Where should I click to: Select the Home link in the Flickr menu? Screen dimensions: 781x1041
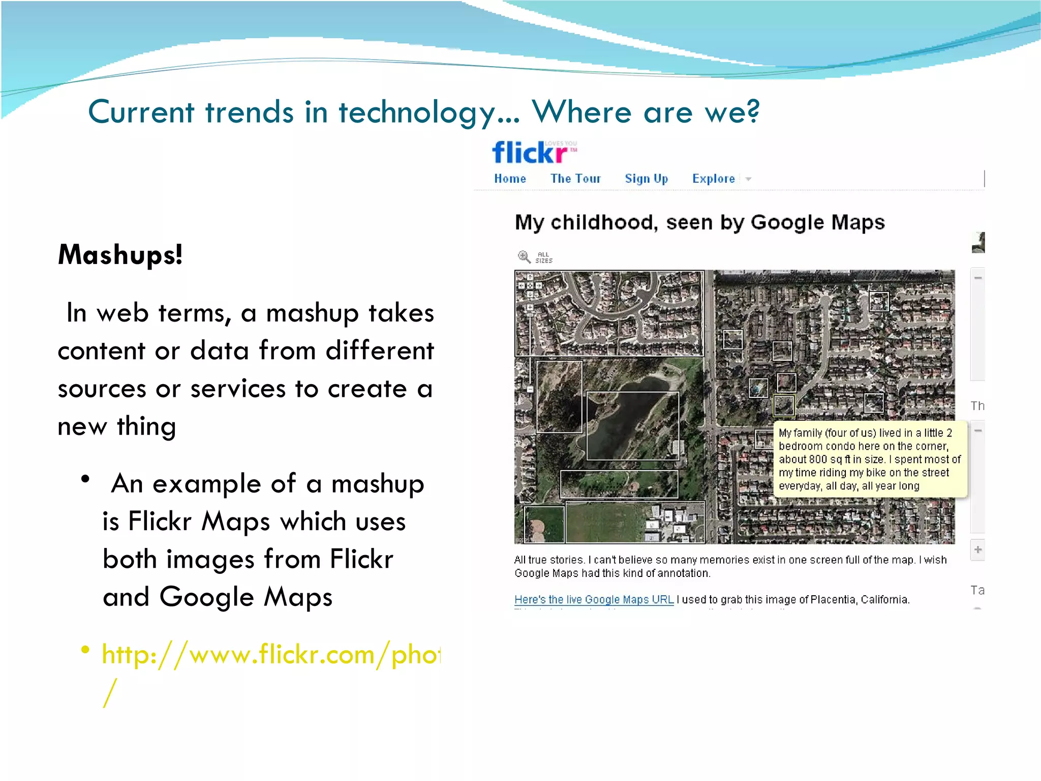click(x=510, y=179)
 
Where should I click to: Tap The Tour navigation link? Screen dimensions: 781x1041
click(x=575, y=179)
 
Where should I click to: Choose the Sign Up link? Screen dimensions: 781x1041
click(x=646, y=179)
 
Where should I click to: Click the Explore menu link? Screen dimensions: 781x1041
click(x=714, y=179)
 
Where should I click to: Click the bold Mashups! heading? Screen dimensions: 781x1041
click(x=120, y=254)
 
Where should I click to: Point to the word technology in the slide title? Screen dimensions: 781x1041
click(x=417, y=112)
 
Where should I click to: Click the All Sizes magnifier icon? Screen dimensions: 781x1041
click(x=524, y=256)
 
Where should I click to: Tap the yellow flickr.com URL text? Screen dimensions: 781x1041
click(x=270, y=654)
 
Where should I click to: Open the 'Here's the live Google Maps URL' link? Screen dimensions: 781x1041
click(x=594, y=599)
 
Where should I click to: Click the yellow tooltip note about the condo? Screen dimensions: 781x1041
click(x=869, y=459)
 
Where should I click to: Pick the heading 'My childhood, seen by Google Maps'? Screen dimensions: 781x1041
click(x=699, y=222)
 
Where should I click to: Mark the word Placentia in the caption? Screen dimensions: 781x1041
click(x=833, y=599)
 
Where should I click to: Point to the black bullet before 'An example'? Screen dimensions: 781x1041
click(x=85, y=479)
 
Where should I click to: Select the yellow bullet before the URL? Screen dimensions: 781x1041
click(x=85, y=650)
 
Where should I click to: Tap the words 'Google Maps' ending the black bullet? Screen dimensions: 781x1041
click(x=246, y=597)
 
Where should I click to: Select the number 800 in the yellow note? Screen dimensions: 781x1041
click(x=817, y=459)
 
